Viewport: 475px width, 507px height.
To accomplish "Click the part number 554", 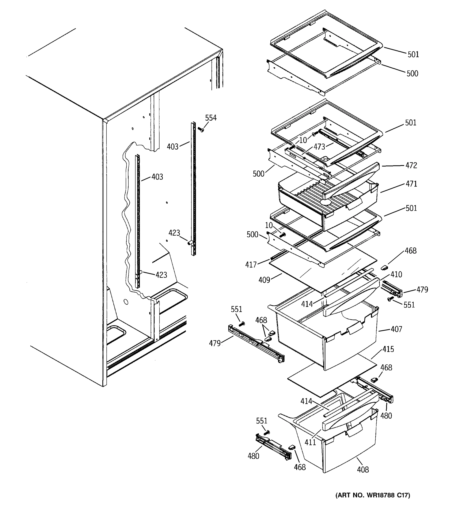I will click(x=211, y=118).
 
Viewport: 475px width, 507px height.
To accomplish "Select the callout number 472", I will click(x=411, y=166).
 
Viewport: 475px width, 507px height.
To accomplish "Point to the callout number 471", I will click(x=411, y=184).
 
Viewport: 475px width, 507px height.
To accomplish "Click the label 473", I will click(x=319, y=147).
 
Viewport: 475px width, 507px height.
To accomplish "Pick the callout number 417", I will click(x=251, y=265).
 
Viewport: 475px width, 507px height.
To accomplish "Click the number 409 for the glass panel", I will click(x=264, y=280).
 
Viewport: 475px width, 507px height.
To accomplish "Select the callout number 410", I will click(x=396, y=274).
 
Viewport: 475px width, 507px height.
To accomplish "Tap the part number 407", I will click(x=396, y=329).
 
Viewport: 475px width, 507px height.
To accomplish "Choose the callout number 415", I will click(x=388, y=349).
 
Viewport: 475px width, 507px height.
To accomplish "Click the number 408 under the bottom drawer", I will click(x=363, y=470).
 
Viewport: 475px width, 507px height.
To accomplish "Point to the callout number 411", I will click(x=310, y=442).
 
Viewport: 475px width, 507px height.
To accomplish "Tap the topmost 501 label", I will click(x=413, y=54).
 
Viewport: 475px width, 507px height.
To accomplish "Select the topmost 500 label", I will click(x=412, y=74).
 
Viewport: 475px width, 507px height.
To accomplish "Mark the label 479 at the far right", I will click(x=422, y=289).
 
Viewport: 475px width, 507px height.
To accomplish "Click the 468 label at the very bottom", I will click(x=300, y=467).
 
